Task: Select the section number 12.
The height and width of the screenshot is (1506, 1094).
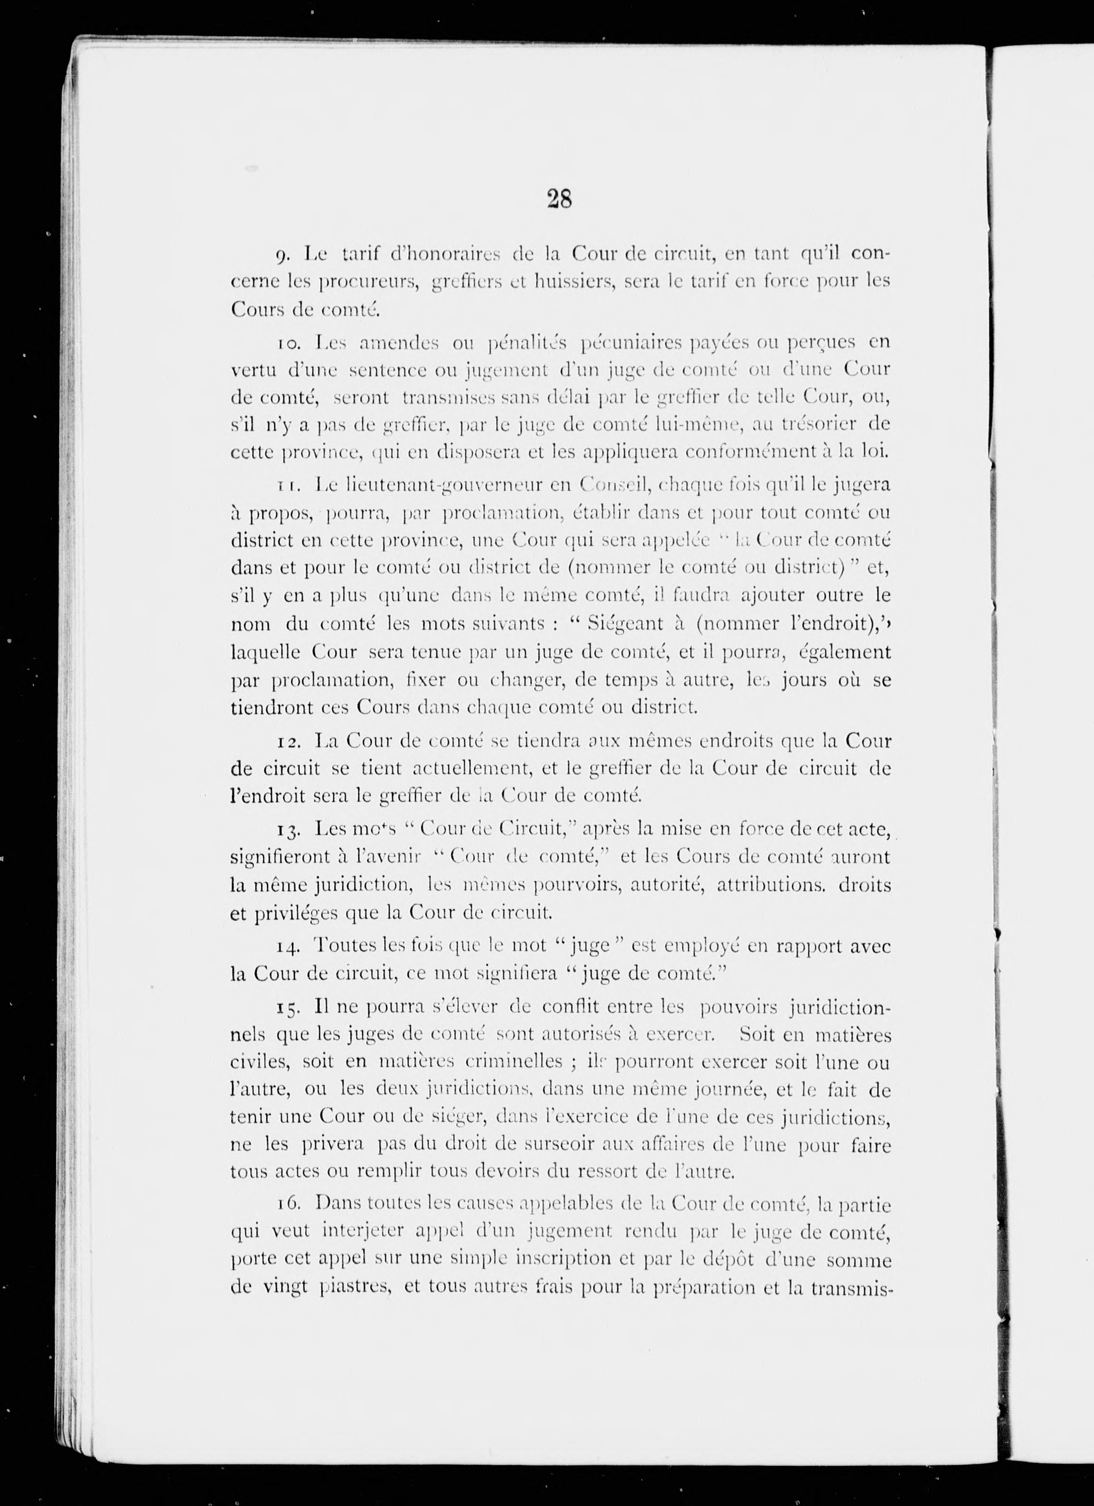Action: click(288, 740)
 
